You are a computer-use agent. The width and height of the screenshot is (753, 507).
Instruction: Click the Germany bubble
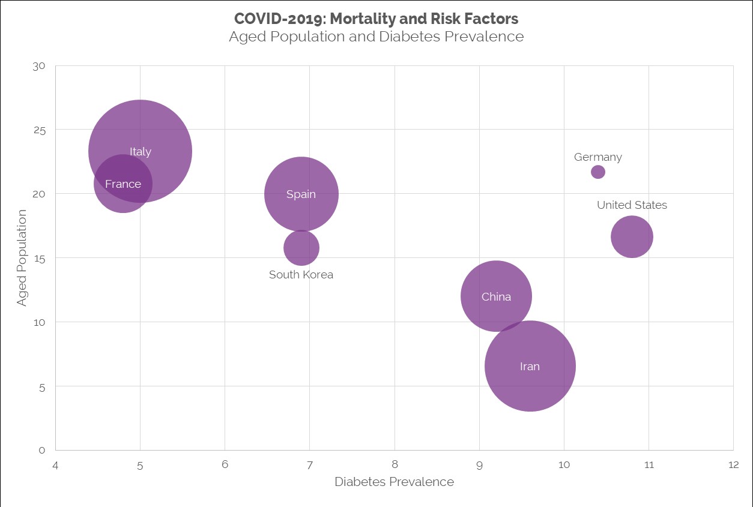598,172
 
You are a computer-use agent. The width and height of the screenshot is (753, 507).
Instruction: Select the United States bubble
632,237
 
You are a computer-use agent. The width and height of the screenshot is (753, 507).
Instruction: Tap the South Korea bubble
301,248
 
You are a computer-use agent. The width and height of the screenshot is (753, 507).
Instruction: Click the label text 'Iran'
530,367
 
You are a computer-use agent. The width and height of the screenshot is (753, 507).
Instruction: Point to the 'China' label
496,297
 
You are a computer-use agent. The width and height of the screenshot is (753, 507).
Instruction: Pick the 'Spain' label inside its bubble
301,194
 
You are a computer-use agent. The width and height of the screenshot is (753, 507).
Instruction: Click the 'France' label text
123,184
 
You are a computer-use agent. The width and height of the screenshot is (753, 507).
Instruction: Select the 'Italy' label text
141,152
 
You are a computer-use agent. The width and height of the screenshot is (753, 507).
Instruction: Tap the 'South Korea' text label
301,275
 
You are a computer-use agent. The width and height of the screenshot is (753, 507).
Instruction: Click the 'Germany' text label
598,157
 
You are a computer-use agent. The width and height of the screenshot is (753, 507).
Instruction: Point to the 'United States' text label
632,205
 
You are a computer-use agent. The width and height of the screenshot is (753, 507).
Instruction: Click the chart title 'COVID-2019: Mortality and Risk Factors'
376,19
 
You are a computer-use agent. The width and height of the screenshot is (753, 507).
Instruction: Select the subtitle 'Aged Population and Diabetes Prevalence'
376,37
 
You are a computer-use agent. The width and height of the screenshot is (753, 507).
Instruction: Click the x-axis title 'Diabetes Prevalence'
394,482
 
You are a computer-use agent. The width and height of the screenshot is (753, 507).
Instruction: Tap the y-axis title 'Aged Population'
22,258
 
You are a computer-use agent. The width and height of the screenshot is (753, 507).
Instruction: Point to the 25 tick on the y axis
39,130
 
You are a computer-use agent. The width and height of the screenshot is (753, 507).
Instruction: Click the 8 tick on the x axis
395,465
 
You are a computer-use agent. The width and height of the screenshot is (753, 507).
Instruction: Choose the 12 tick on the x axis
733,465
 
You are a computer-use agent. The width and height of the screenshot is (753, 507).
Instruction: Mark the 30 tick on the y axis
39,66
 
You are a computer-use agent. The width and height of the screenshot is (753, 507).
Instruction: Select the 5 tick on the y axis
42,386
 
